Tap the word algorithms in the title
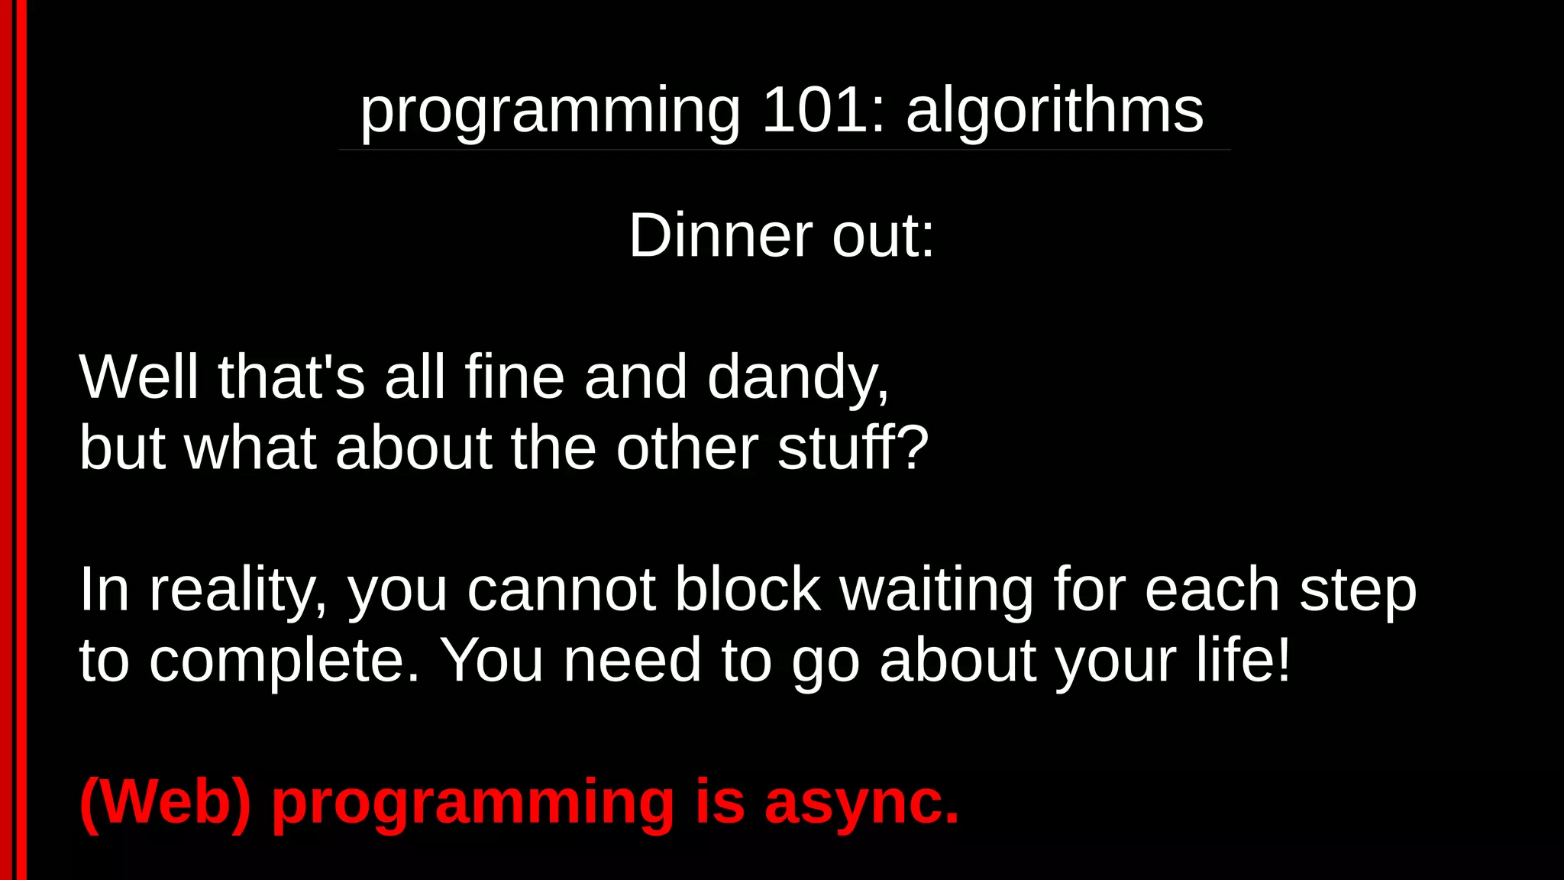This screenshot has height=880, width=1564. pyautogui.click(x=1055, y=110)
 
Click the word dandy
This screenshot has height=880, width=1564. pyautogui.click(x=797, y=377)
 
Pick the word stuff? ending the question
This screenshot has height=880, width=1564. pyautogui.click(x=853, y=448)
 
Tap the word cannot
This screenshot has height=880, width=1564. pyautogui.click(x=561, y=590)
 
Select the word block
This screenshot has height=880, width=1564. pyautogui.click(x=748, y=590)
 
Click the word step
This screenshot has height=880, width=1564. pyautogui.click(x=1358, y=590)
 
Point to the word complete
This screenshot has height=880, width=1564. pyautogui.click(x=284, y=662)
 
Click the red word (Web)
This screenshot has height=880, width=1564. pyautogui.click(x=165, y=802)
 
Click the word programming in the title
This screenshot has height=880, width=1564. pyautogui.click(x=550, y=112)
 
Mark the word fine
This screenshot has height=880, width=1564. pyautogui.click(x=514, y=377)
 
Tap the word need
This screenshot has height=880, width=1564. pyautogui.click(x=632, y=660)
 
